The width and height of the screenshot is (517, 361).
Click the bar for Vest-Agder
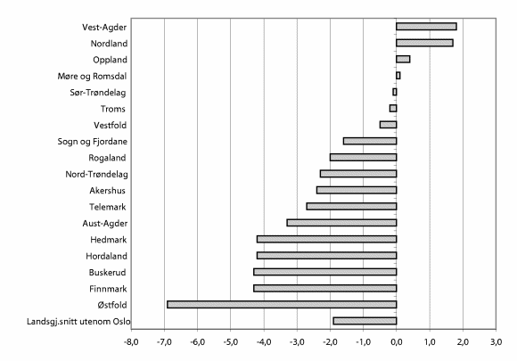[426, 27]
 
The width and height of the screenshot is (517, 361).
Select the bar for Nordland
[424, 43]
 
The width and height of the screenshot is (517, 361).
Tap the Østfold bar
[282, 304]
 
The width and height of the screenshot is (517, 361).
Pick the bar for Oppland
[403, 59]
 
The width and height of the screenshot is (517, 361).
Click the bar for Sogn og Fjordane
[370, 141]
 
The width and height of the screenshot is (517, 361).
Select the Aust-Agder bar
[341, 222]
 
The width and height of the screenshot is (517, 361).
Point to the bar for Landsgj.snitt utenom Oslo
[365, 321]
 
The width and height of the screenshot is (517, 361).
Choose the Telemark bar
[351, 206]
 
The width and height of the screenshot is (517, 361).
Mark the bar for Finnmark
[324, 288]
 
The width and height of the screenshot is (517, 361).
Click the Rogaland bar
[363, 157]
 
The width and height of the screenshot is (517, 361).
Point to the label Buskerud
[107, 272]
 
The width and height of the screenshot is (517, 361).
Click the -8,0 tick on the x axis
[130, 341]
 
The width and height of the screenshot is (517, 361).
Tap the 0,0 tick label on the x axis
[397, 341]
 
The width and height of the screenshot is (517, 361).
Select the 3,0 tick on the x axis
[496, 341]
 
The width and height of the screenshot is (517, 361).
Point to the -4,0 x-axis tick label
[263, 341]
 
